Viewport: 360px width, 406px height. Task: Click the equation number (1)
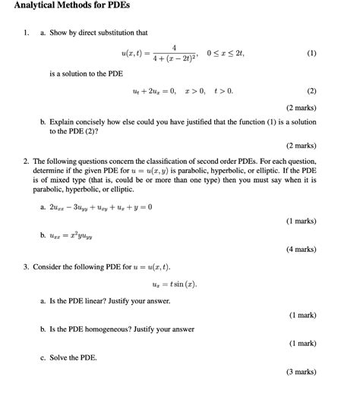(311, 54)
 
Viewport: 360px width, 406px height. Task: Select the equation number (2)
(311, 91)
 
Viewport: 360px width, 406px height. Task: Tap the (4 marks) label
(302, 249)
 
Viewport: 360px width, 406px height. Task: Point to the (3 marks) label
(302, 372)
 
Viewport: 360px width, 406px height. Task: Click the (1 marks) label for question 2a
(302, 221)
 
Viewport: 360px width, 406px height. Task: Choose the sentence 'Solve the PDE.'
(74, 357)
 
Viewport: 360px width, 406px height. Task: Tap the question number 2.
(26, 162)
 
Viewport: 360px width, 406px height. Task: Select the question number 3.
(26, 267)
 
